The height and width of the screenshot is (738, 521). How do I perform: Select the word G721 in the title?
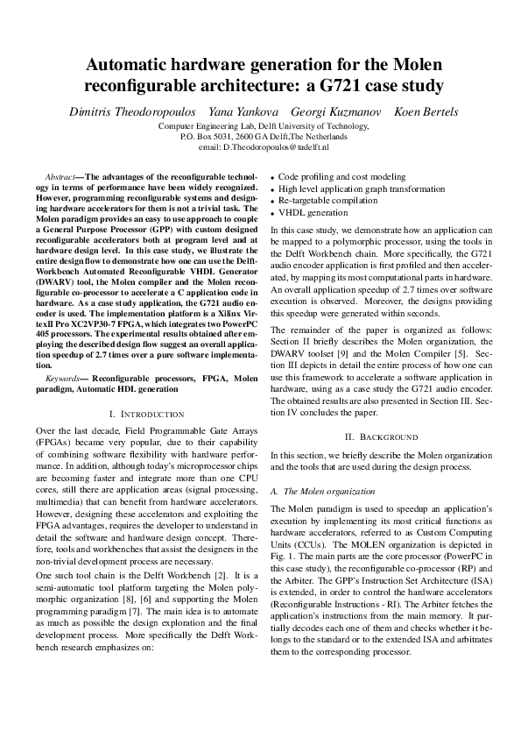coord(348,86)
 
